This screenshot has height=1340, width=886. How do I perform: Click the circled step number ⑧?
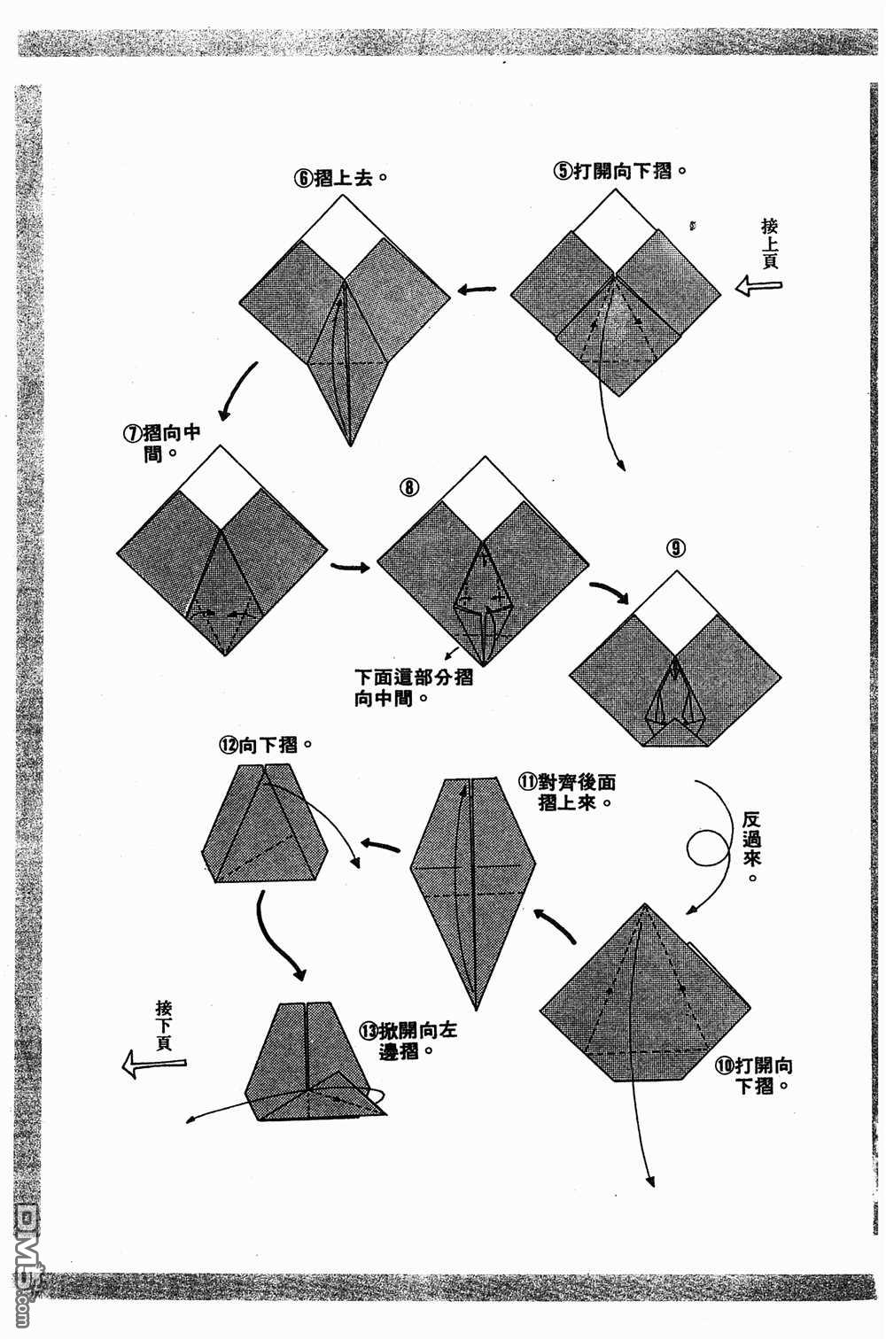tap(408, 487)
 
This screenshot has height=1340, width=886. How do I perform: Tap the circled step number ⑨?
tap(675, 548)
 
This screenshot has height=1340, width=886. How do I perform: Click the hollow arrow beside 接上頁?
tap(758, 286)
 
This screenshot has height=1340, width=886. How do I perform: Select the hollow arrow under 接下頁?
tap(154, 1063)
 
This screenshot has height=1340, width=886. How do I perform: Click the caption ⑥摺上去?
tap(342, 177)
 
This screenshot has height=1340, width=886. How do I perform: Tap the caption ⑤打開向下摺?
tap(621, 170)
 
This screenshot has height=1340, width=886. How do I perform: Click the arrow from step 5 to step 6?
tap(477, 289)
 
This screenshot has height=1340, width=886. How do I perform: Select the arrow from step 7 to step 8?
tap(350, 567)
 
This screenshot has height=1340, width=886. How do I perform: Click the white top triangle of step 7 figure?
tap(222, 474)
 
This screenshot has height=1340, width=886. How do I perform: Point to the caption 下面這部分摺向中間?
tap(413, 687)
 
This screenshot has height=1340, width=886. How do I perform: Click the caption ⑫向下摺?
tap(265, 745)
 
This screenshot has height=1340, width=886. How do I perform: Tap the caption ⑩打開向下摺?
tap(753, 1074)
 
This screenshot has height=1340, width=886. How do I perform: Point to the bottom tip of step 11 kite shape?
tap(476, 1008)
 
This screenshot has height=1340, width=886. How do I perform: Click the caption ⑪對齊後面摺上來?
tap(568, 793)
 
